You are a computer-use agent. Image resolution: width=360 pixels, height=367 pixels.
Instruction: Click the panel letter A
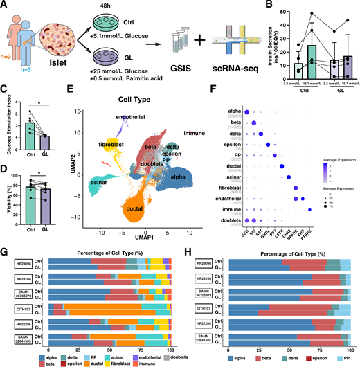pyautogui.click(x=5, y=6)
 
